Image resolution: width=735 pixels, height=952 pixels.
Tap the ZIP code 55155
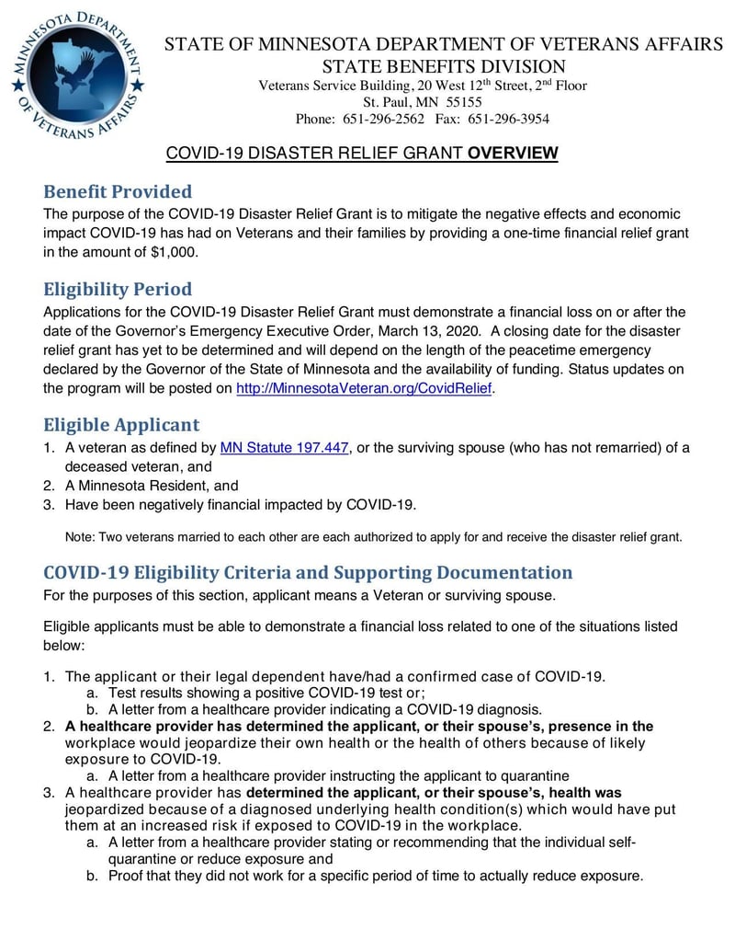pyautogui.click(x=463, y=102)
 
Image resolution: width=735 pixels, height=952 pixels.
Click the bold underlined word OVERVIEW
pyautogui.click(x=513, y=154)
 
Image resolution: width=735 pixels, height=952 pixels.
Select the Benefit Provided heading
pyautogui.click(x=118, y=191)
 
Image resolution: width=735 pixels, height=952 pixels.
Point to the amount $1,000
pyautogui.click(x=168, y=252)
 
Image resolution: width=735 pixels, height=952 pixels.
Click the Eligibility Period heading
pyautogui.click(x=118, y=289)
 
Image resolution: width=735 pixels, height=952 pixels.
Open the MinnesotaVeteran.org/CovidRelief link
pyautogui.click(x=365, y=388)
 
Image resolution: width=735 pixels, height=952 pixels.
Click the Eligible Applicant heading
pyautogui.click(x=121, y=424)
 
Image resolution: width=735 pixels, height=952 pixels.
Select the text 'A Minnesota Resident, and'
pyautogui.click(x=152, y=486)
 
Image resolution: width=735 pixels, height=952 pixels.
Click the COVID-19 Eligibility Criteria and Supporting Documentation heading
pyautogui.click(x=308, y=572)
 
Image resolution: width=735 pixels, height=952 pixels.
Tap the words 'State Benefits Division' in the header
pyautogui.click(x=443, y=66)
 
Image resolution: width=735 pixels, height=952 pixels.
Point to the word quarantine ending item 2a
pyautogui.click(x=532, y=775)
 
